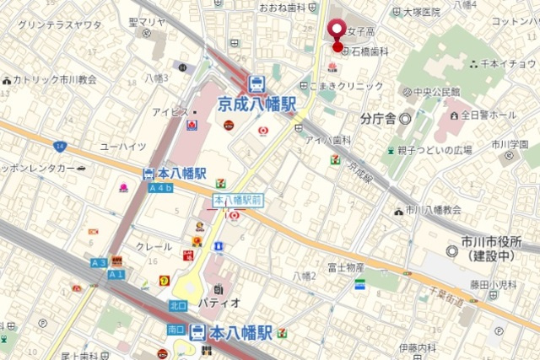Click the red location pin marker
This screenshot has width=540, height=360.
[337, 32]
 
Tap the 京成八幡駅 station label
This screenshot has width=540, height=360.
[257, 105]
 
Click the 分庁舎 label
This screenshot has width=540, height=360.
[378, 118]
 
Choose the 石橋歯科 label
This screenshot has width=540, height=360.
[370, 52]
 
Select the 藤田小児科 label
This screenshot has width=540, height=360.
[494, 285]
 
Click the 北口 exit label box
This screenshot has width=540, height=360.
[177, 305]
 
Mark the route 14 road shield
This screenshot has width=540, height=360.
[59, 146]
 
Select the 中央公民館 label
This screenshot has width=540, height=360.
[436, 91]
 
